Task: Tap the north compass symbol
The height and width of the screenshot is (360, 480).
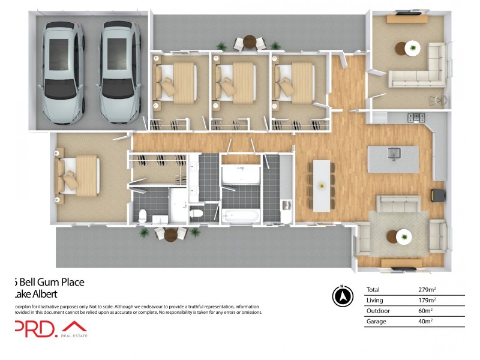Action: pyautogui.click(x=341, y=296)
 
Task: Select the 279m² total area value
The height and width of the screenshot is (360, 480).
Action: pyautogui.click(x=427, y=289)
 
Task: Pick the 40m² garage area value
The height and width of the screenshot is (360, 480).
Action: pyautogui.click(x=425, y=322)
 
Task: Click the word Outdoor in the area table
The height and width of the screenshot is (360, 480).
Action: pyautogui.click(x=377, y=311)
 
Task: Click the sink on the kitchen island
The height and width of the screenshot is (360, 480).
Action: pyautogui.click(x=394, y=154)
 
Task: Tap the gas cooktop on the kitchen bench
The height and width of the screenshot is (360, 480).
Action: pyautogui.click(x=416, y=117)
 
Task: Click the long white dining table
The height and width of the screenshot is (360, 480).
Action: pyautogui.click(x=322, y=185)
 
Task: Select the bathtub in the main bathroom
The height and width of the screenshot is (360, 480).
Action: pyautogui.click(x=241, y=215)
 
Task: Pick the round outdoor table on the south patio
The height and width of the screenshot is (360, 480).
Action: pyautogui.click(x=171, y=234)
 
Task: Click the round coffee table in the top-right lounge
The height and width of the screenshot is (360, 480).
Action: pyautogui.click(x=412, y=48)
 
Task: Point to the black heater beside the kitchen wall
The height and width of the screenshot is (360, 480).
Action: pyautogui.click(x=436, y=196)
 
